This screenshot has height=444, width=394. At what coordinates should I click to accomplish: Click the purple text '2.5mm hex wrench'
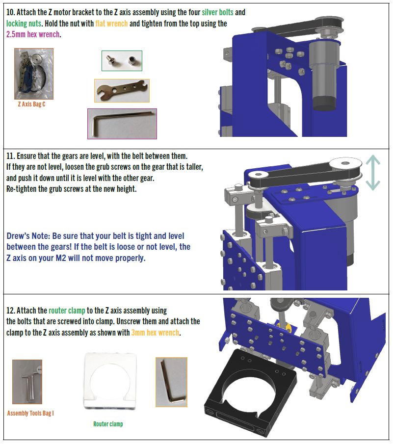click(x=33, y=35)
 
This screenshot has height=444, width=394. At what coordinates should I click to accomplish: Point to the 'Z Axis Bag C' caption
click(x=31, y=104)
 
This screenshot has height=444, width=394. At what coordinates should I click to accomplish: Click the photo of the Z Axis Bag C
click(x=33, y=74)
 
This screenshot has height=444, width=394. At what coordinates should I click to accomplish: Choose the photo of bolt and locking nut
click(x=122, y=61)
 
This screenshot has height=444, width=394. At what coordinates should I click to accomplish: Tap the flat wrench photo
click(x=121, y=91)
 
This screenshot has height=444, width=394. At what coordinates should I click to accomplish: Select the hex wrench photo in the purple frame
click(x=122, y=124)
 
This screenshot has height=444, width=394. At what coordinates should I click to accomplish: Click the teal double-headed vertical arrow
click(x=373, y=173)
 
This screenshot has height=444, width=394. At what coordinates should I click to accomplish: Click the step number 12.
click(x=11, y=311)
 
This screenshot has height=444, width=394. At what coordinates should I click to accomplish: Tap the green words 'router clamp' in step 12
click(x=67, y=311)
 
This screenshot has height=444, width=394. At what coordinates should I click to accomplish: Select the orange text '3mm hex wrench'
click(x=155, y=333)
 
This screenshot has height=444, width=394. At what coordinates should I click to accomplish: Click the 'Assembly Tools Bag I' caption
click(x=30, y=413)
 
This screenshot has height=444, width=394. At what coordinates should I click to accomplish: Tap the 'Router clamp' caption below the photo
click(x=108, y=424)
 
